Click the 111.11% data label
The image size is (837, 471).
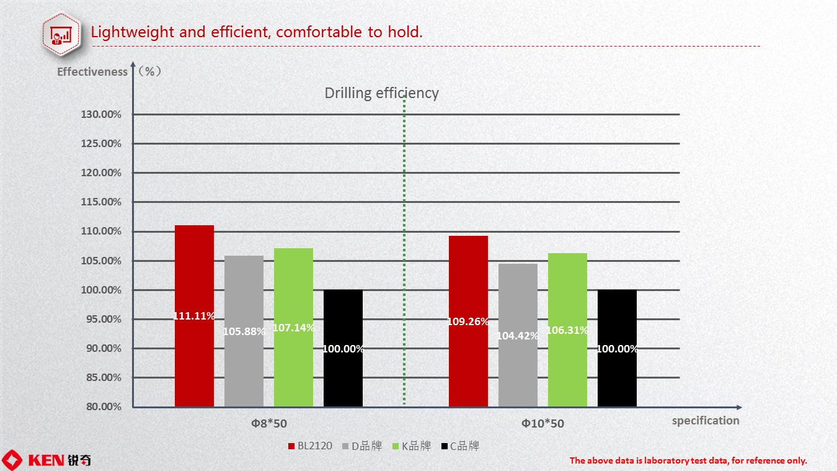(x=194, y=316)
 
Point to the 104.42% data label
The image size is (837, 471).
(x=518, y=336)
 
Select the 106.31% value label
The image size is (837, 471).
(x=567, y=330)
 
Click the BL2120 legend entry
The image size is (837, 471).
(x=311, y=446)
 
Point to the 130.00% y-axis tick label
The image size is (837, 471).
(x=101, y=114)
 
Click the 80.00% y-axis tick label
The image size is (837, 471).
(x=104, y=407)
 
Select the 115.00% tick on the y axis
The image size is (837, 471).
(x=101, y=202)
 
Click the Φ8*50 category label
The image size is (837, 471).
(x=269, y=424)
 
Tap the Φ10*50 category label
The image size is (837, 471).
(x=542, y=424)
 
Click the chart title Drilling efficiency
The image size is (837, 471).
(x=381, y=93)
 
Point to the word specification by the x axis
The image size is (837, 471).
(x=706, y=420)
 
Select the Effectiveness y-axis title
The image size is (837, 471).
(x=92, y=71)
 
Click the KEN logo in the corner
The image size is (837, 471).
(x=46, y=460)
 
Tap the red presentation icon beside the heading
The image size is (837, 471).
(x=60, y=34)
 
